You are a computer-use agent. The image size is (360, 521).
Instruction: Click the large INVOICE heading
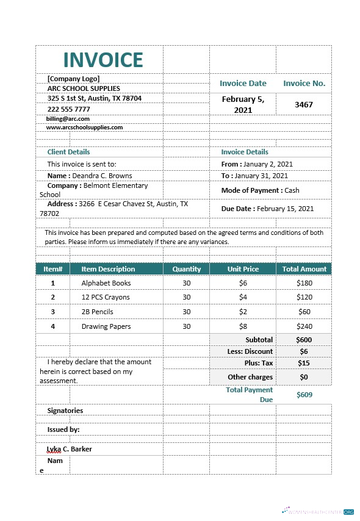point(103,60)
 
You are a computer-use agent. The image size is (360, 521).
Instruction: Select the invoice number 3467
point(303,104)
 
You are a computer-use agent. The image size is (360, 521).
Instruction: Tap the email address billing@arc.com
point(68,119)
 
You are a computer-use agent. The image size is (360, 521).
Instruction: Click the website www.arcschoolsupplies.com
point(85,128)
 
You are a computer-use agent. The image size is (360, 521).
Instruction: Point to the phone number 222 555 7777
point(68,109)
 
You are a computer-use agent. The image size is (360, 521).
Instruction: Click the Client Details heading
point(68,152)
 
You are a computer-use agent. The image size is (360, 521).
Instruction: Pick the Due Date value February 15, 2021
point(286,209)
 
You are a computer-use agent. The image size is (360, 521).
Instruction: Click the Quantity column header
point(186,269)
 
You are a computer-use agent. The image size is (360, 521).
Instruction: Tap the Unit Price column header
point(243,269)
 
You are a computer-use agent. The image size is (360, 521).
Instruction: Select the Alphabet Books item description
point(106,283)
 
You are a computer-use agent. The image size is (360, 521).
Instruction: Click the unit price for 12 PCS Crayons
point(243,297)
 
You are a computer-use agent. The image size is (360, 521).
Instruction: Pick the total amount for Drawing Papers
point(304,326)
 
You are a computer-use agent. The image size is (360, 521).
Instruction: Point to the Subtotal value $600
point(304,340)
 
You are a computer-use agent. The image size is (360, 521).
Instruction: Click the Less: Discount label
point(250,351)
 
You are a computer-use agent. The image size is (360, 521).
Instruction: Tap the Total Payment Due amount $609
point(304,395)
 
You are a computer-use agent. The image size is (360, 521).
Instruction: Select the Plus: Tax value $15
point(304,363)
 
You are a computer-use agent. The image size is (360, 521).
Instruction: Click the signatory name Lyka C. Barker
point(70,449)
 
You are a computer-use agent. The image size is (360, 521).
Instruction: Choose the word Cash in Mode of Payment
point(292,190)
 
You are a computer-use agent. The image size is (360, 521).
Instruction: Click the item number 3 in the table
point(52,312)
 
